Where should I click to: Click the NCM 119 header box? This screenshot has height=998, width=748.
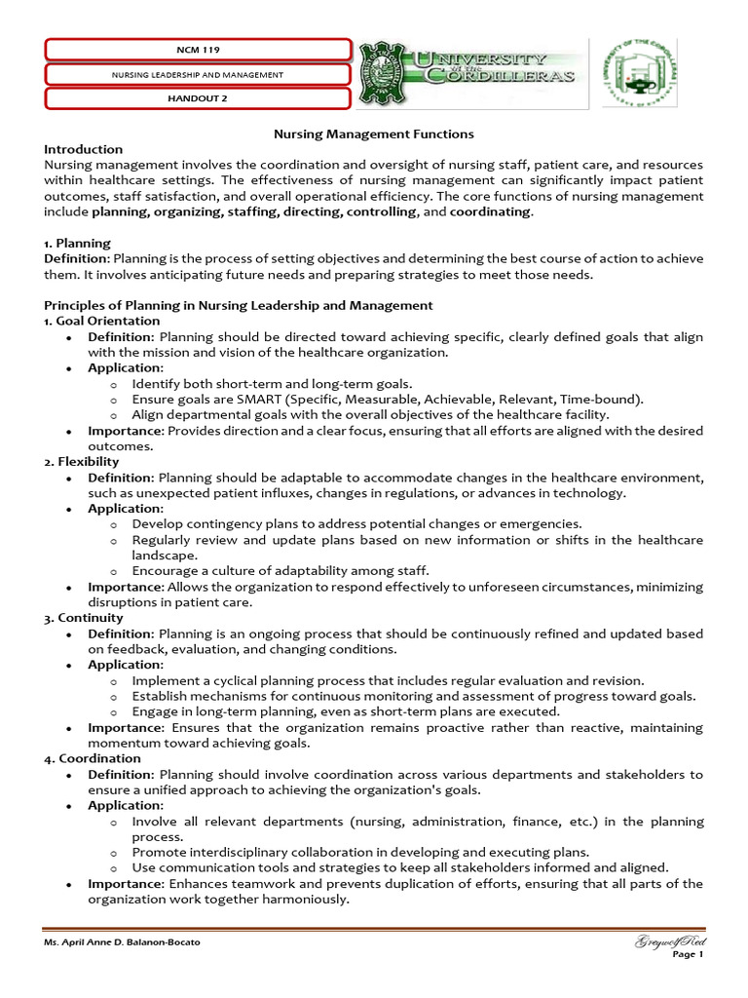click(x=198, y=49)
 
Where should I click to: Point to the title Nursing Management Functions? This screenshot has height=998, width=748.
click(x=372, y=134)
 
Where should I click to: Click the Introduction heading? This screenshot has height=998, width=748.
click(x=84, y=149)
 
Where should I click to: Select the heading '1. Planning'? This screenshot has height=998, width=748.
click(x=78, y=243)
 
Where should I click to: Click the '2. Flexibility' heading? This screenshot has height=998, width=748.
click(x=82, y=461)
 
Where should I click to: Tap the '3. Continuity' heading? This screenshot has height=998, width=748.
click(x=84, y=618)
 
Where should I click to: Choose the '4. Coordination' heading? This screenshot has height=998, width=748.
click(x=93, y=758)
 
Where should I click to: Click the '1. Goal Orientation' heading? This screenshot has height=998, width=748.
click(x=102, y=321)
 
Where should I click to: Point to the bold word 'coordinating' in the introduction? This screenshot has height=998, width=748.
click(x=491, y=211)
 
